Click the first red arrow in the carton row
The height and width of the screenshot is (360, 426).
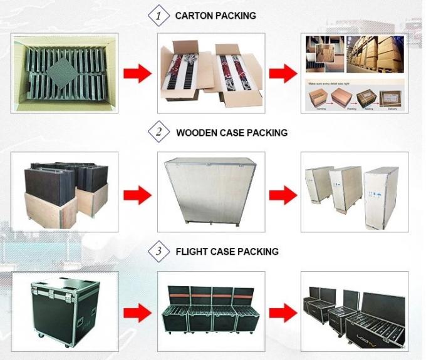(136, 74)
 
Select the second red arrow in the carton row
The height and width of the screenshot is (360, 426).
(282, 74)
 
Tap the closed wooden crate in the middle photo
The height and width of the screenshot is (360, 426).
(209, 190)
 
